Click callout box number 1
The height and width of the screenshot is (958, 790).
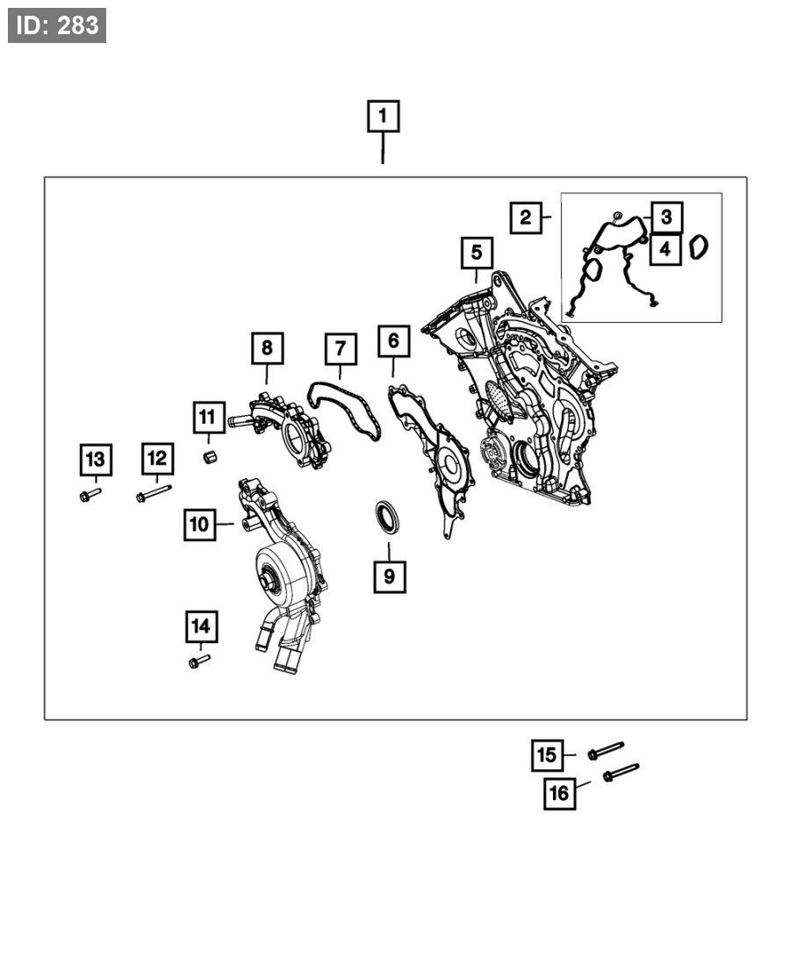[x=383, y=117]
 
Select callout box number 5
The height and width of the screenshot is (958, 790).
[x=476, y=253]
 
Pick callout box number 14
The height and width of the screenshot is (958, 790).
[x=201, y=626]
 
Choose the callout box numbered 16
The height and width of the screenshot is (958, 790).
[x=559, y=794]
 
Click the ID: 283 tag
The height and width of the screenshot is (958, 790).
[x=57, y=25]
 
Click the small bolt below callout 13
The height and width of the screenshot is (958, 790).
[x=90, y=496]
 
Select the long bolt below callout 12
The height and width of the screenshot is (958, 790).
[x=154, y=494]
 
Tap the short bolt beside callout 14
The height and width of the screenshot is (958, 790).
[x=199, y=660]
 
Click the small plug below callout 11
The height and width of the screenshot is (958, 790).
[x=210, y=458]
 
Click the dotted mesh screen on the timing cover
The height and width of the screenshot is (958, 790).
[x=498, y=399]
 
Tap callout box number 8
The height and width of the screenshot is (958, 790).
[x=267, y=348]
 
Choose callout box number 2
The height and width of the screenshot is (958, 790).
[x=525, y=217]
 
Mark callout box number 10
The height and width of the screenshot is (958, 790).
[x=200, y=525]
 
